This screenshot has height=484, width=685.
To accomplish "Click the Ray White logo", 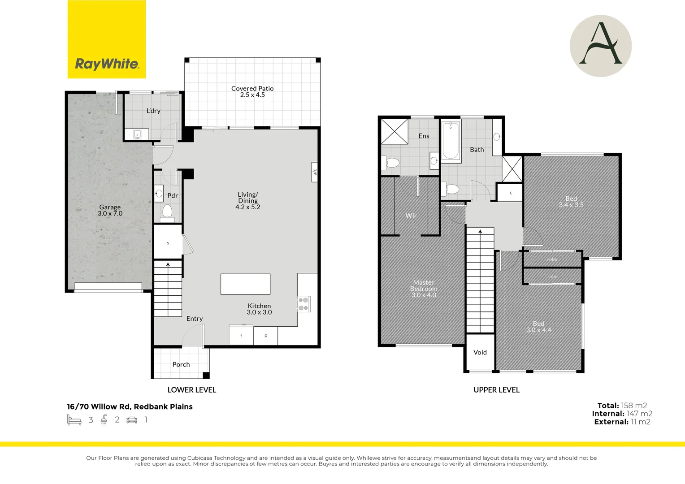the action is [106, 39].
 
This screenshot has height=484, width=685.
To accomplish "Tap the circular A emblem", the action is [601, 46].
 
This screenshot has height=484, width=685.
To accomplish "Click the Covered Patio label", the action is [252, 91].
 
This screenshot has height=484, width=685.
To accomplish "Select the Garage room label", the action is [110, 210].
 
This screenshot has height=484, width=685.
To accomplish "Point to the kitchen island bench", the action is [245, 284].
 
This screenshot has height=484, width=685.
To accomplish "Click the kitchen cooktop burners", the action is [303, 304].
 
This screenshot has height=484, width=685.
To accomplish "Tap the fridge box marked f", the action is [241, 335].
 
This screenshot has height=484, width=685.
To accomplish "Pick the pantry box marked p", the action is [266, 336].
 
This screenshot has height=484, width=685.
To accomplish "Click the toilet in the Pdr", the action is [167, 213].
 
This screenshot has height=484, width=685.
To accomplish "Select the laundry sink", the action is [137, 134].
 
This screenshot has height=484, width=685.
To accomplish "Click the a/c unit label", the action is [315, 172].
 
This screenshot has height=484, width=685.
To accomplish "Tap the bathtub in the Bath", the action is [451, 141].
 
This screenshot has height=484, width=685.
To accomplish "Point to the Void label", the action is [480, 352].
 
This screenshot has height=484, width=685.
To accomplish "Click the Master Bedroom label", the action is [424, 289].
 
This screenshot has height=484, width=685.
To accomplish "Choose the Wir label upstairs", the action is [411, 216].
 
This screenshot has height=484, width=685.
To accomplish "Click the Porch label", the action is [181, 364].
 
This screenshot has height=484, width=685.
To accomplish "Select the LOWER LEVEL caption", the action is [192, 390].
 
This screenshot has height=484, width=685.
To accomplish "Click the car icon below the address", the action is [132, 420].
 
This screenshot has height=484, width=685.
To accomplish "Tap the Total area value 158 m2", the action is [634, 406].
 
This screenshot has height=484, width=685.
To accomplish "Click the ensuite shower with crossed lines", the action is [395, 131].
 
